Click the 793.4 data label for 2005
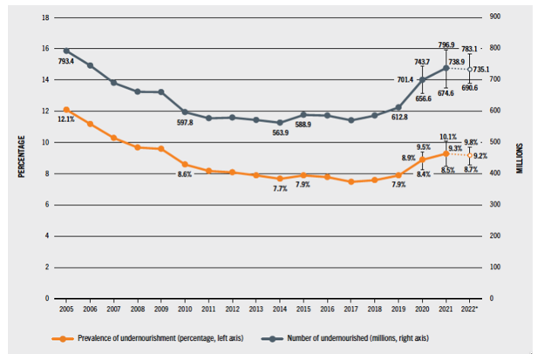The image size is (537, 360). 67,62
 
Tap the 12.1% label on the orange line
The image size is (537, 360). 66,119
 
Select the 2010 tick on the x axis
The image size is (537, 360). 185,310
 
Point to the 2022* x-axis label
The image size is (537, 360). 470,310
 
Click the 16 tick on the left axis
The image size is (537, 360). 46,49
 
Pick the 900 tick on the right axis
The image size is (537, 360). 496,17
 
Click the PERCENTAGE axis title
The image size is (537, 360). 22,158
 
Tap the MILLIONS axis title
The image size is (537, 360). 520,158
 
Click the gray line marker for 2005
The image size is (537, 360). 66,51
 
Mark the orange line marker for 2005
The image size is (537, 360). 66,110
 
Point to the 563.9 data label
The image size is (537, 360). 279,132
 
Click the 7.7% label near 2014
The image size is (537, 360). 279,189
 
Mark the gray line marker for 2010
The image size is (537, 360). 185,112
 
